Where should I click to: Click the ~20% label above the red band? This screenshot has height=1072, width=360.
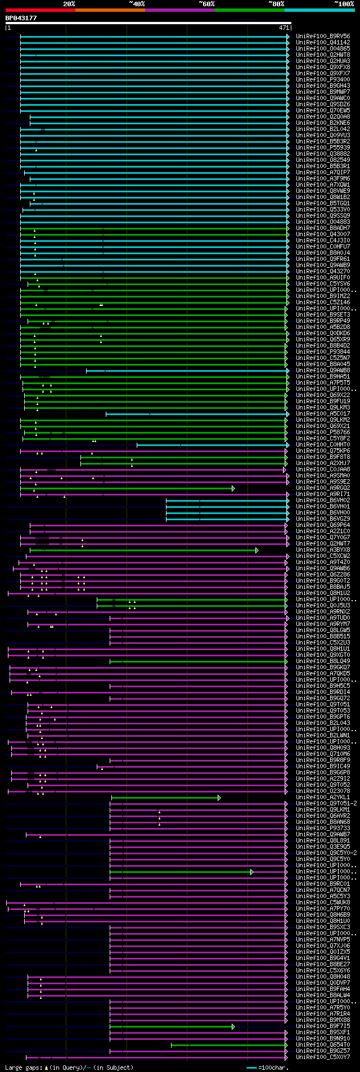69,4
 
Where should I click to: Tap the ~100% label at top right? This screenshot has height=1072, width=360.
344,4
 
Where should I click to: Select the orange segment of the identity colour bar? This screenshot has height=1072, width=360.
110,10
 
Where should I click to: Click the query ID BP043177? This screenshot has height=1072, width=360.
21,18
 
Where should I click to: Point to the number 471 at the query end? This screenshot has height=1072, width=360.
283,28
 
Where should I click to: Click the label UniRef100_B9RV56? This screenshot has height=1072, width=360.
323,36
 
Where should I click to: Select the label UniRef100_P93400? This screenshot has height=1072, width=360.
323,79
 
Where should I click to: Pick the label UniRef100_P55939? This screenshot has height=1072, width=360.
323,147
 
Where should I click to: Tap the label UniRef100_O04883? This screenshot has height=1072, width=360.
323,222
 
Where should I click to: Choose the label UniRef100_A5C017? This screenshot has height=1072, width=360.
323,413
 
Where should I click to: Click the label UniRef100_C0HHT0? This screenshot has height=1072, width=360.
323,444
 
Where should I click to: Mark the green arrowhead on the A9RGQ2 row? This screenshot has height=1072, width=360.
233,488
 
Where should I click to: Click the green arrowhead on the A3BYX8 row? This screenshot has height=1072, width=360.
257,550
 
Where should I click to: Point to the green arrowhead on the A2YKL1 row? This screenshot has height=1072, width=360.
219,798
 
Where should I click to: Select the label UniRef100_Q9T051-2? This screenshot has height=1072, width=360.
326,803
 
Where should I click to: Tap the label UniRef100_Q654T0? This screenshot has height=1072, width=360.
323,1044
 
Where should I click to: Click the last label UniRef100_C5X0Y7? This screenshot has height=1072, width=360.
323,1057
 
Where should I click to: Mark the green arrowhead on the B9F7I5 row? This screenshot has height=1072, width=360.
233,1026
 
